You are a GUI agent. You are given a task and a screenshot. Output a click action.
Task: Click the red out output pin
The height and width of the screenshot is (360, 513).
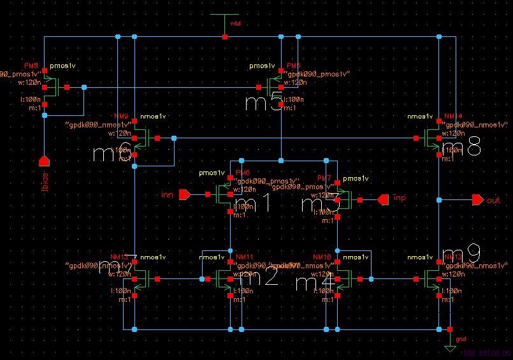(477, 200)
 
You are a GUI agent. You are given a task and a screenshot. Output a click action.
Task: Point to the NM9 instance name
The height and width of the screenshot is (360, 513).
(120, 117)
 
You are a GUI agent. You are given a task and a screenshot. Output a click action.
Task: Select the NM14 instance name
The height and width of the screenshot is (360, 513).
(453, 117)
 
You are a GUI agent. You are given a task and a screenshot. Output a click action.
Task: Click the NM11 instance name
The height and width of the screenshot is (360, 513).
(245, 257)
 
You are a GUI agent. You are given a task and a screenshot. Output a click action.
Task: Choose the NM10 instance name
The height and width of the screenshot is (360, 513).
(324, 257)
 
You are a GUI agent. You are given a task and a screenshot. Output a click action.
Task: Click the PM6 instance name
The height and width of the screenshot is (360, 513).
(243, 173)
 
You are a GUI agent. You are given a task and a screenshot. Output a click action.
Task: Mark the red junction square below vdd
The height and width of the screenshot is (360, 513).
(225, 37)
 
